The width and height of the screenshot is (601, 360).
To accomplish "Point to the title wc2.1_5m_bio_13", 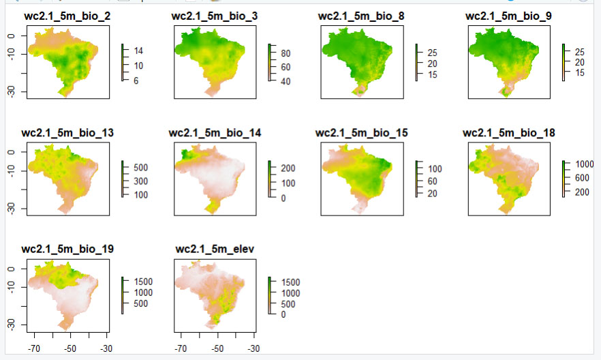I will [68, 132].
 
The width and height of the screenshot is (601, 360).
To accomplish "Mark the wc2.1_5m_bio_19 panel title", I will [68, 249].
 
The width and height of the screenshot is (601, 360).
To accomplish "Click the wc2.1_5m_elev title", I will [212, 249].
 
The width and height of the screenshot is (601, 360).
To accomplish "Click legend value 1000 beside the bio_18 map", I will [584, 164].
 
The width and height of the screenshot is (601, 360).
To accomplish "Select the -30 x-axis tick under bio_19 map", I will [106, 348].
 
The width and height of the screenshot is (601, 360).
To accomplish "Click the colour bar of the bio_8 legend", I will [418, 62].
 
